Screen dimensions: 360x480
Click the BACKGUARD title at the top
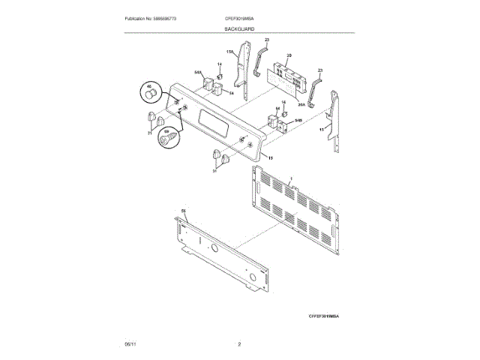pos(238,28)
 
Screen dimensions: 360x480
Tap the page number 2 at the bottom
pos(239,343)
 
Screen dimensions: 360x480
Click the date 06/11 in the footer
pos(130,343)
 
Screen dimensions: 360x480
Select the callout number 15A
pos(231,52)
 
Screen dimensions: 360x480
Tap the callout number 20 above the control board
pos(289,55)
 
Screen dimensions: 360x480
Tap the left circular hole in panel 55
pos(212,248)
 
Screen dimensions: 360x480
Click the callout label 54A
pos(198,73)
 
